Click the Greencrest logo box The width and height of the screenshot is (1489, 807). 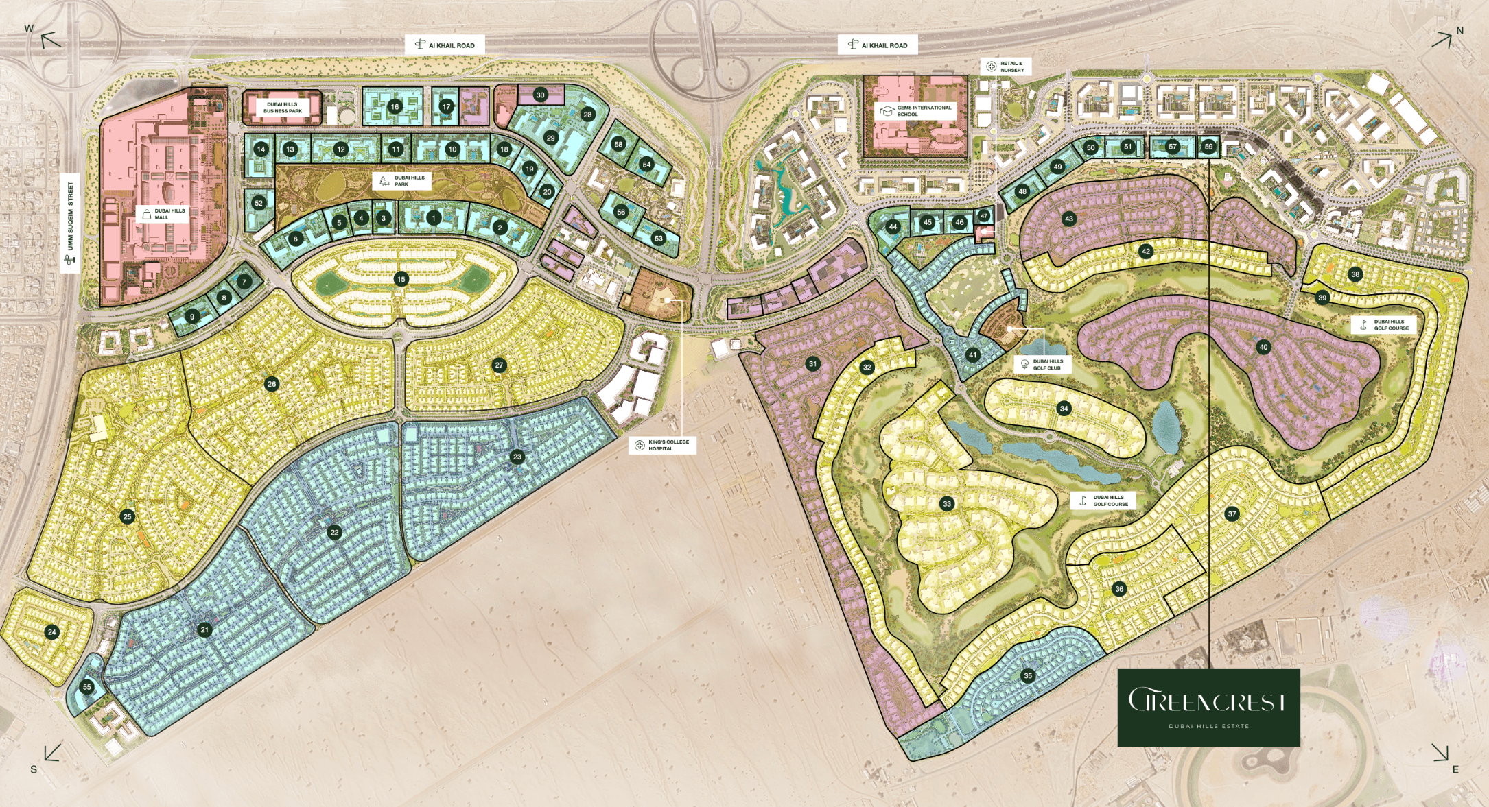pyautogui.click(x=1208, y=707)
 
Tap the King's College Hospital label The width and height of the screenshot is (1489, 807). pyautogui.click(x=662, y=445)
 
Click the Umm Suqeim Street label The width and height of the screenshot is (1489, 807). pyautogui.click(x=70, y=223)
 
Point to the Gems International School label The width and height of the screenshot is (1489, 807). pyautogui.click(x=916, y=110)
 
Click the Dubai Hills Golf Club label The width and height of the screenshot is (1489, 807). pyautogui.click(x=1042, y=364)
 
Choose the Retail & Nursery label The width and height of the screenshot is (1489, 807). pyautogui.click(x=1005, y=67)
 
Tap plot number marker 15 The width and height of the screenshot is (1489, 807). pyautogui.click(x=401, y=279)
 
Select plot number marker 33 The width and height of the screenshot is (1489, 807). pyautogui.click(x=947, y=504)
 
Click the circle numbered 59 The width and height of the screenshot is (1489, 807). pyautogui.click(x=1208, y=147)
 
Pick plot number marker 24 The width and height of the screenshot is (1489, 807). pyautogui.click(x=52, y=632)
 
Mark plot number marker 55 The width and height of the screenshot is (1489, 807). pyautogui.click(x=86, y=686)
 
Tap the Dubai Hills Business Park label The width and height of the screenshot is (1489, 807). pyautogui.click(x=282, y=108)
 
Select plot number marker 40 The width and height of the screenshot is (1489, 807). pyautogui.click(x=1263, y=347)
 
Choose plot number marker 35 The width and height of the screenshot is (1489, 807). pyautogui.click(x=1028, y=675)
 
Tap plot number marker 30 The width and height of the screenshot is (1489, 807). pyautogui.click(x=540, y=95)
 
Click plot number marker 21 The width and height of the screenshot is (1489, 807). pyautogui.click(x=204, y=629)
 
